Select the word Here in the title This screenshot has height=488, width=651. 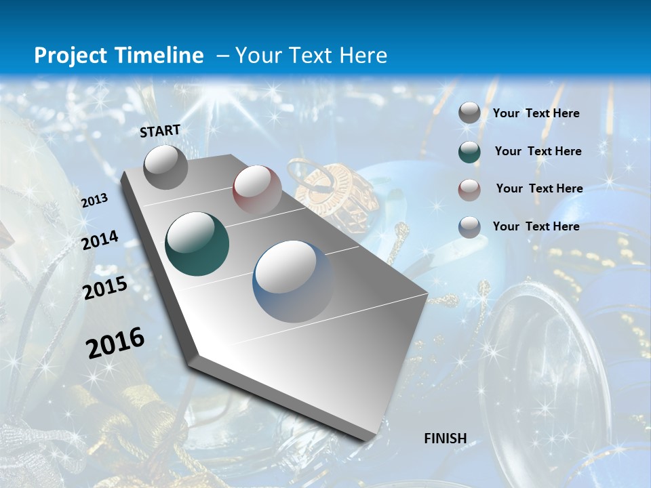click(x=362, y=56)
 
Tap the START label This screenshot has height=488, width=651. click(x=160, y=131)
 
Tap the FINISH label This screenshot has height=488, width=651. click(x=446, y=439)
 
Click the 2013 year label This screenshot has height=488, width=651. click(x=94, y=201)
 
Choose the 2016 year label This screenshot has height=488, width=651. click(x=115, y=343)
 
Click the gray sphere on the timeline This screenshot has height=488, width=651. click(x=165, y=167)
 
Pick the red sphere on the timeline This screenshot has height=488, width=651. click(x=257, y=190)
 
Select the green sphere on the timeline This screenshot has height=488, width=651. click(x=197, y=244)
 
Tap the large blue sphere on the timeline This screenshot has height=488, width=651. click(x=294, y=281)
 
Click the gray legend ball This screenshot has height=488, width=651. click(x=469, y=113)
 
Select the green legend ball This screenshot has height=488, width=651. click(x=469, y=152)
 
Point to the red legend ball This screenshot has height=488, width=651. click(x=469, y=189)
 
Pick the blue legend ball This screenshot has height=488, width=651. click(x=469, y=227)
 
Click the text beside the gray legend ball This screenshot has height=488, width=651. click(x=536, y=114)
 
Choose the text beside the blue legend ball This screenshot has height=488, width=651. click(x=536, y=226)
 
